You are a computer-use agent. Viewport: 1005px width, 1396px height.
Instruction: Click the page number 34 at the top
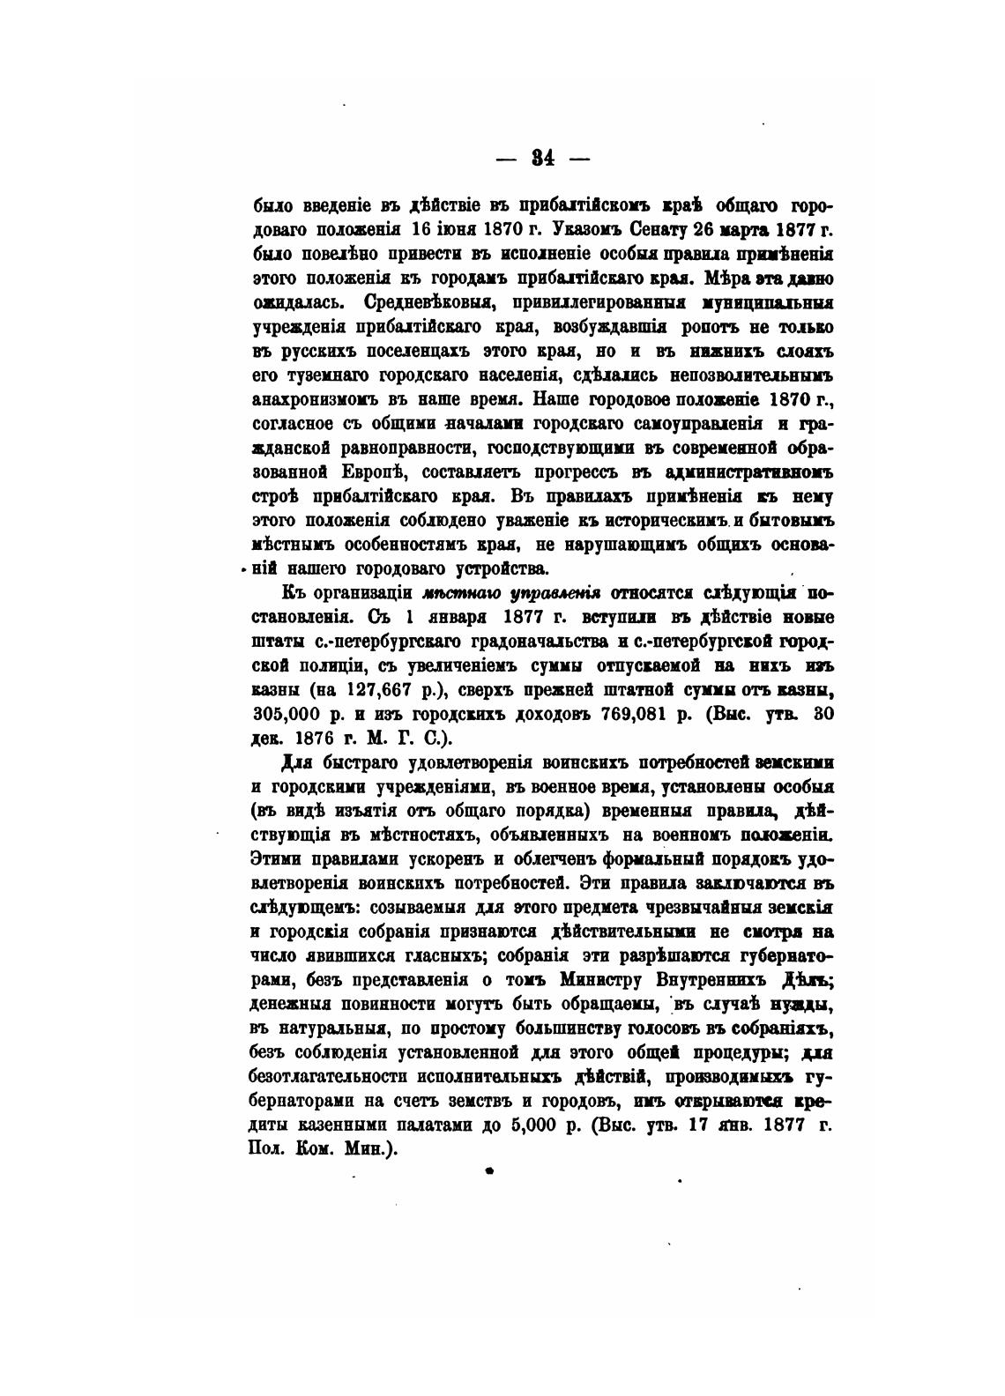tap(542, 159)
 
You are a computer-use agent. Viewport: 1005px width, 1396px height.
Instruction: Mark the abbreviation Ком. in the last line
tap(313, 1148)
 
